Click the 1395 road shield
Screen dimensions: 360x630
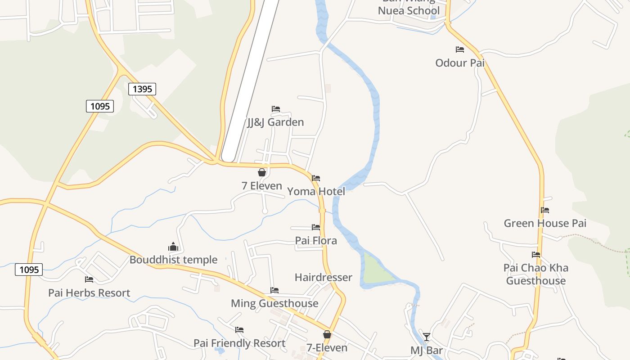142,89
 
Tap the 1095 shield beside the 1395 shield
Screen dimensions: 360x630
100,106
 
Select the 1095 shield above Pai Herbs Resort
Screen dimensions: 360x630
29,270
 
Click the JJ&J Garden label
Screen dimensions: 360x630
275,122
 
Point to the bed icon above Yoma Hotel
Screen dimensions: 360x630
316,178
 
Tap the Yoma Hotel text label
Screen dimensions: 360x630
316,192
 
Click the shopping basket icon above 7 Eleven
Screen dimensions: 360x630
262,172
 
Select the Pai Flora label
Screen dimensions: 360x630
316,241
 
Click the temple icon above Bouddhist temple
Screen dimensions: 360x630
173,247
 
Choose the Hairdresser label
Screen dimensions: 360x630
323,277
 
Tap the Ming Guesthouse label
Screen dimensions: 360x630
274,303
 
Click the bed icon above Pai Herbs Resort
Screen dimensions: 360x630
89,279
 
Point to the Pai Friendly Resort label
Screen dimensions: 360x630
239,343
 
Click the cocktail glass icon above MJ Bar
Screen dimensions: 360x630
426,337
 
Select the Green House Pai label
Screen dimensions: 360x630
545,223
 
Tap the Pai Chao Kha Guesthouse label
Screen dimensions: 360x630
535,274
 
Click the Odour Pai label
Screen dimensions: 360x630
460,63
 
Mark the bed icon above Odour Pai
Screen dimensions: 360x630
460,49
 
